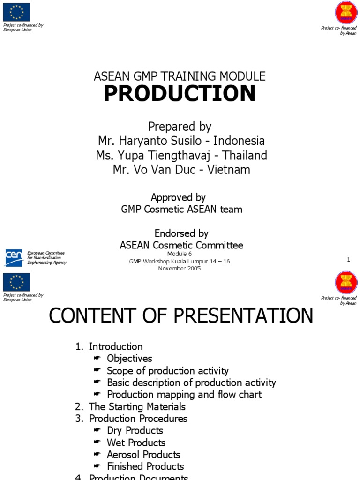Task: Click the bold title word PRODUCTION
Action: [180, 94]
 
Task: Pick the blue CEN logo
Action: [13, 257]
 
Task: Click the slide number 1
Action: [349, 260]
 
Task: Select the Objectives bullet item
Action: [129, 359]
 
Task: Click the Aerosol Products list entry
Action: [143, 455]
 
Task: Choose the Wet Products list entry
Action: [136, 442]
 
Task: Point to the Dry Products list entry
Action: [135, 430]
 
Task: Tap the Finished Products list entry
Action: [145, 466]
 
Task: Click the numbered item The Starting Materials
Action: [137, 407]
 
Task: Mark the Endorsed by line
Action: [181, 233]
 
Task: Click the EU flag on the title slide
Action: [16, 12]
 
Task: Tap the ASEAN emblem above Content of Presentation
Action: [345, 283]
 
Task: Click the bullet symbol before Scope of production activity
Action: [97, 371]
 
